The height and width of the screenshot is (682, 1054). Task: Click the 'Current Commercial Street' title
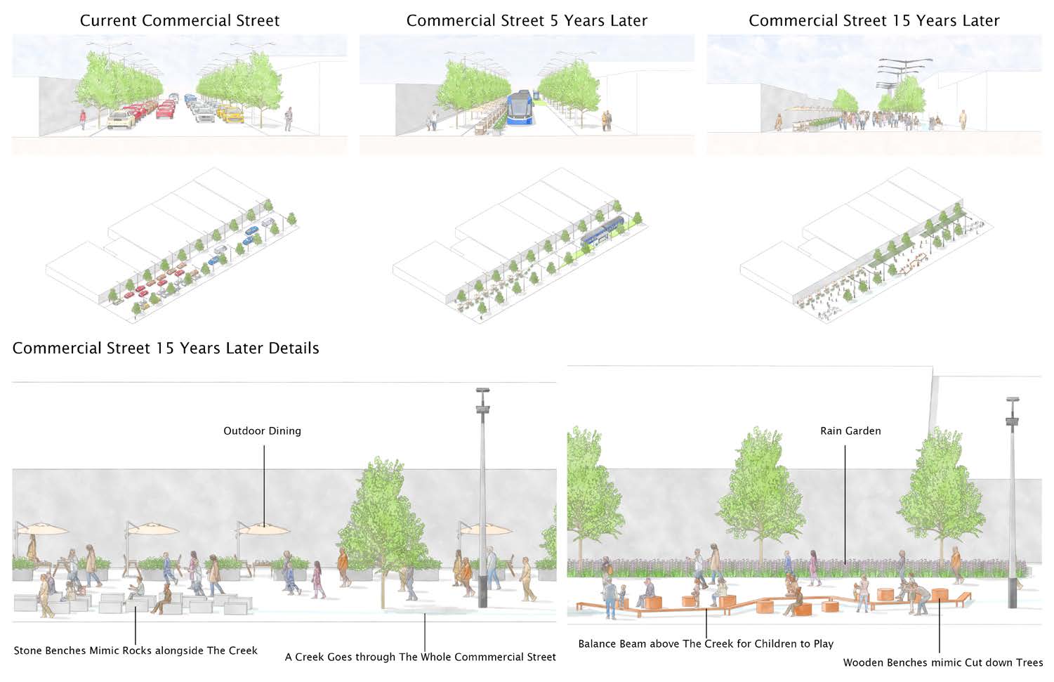179,20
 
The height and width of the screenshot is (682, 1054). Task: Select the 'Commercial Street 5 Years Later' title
527,20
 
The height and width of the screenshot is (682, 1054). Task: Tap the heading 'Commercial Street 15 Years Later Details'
166,348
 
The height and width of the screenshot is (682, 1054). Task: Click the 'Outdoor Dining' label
262,431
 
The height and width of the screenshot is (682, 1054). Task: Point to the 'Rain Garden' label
850,431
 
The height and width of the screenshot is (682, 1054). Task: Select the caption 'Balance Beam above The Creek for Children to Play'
706,643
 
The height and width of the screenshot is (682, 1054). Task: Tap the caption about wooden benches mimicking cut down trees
942,662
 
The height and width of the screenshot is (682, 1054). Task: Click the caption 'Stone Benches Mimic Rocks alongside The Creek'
136,650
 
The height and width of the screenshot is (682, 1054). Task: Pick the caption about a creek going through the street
420,657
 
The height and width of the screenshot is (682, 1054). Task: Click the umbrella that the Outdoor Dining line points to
263,529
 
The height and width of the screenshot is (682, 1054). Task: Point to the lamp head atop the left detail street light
482,391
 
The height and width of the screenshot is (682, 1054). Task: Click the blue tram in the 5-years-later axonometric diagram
602,230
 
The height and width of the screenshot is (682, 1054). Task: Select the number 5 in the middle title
554,20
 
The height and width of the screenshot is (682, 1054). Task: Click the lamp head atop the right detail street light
1012,400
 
